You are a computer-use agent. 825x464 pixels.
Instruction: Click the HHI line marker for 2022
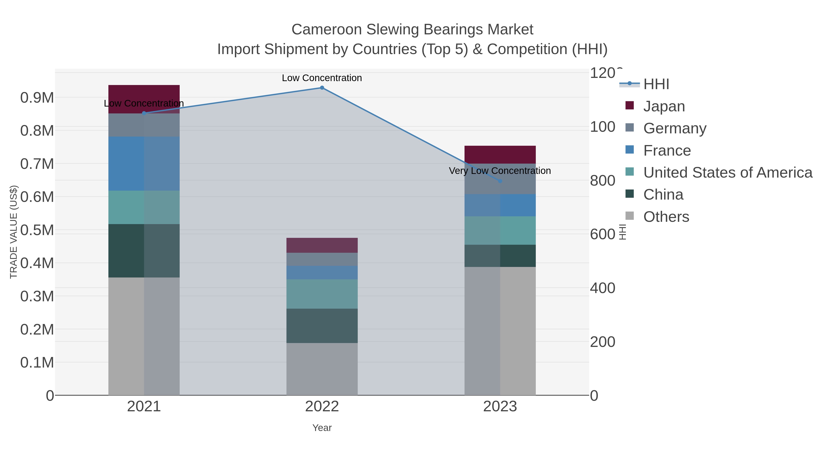pos(322,88)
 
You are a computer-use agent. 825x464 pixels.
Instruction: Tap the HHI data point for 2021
pos(144,113)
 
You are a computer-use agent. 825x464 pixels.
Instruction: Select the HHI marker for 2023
pos(500,181)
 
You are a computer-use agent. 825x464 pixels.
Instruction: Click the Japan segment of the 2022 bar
pos(322,245)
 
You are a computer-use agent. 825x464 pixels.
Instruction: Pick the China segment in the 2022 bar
pos(322,326)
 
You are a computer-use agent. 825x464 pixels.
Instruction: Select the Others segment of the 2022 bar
pos(322,369)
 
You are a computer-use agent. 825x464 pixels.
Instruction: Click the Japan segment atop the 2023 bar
pos(500,155)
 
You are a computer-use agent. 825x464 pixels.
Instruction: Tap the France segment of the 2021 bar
pos(144,164)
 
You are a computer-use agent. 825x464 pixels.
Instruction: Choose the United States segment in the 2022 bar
pos(322,294)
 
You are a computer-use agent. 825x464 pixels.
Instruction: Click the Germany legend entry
pos(674,128)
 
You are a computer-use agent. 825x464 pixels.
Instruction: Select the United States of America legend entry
pos(728,173)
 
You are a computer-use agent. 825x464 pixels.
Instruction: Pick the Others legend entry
pos(666,217)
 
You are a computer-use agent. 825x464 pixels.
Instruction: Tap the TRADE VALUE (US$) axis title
pos(14,232)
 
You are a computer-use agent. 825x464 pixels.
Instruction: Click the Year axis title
pos(322,428)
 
